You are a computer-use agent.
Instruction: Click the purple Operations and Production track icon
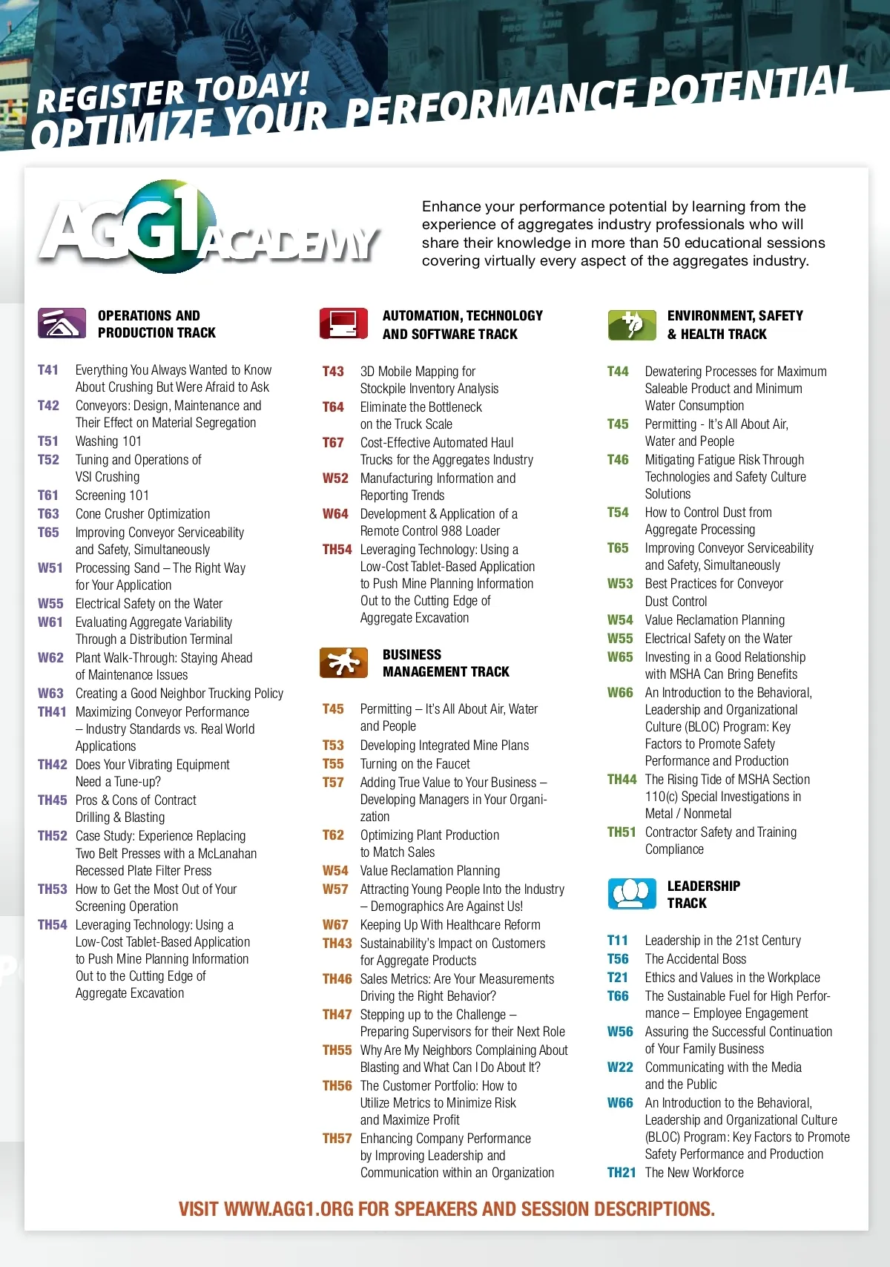[62, 323]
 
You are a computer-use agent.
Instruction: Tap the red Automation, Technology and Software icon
[343, 323]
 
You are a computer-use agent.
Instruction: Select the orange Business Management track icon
[343, 662]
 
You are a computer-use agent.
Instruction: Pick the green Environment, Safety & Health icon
[631, 324]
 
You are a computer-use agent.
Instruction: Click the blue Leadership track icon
[631, 894]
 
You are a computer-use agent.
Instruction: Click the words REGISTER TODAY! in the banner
[173, 93]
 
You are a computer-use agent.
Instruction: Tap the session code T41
[48, 370]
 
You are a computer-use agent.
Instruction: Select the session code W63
[50, 694]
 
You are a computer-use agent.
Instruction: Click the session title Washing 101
[108, 441]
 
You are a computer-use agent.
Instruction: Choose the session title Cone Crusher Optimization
[142, 514]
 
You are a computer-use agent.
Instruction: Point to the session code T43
[333, 372]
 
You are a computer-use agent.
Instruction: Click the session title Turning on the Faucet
[415, 764]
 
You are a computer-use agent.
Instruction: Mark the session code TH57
[337, 1139]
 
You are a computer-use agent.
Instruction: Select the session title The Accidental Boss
[695, 959]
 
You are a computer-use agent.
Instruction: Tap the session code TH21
[622, 1173]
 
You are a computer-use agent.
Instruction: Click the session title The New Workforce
[694, 1173]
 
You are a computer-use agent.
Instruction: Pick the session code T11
[617, 941]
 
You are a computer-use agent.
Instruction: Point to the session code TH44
[622, 780]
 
